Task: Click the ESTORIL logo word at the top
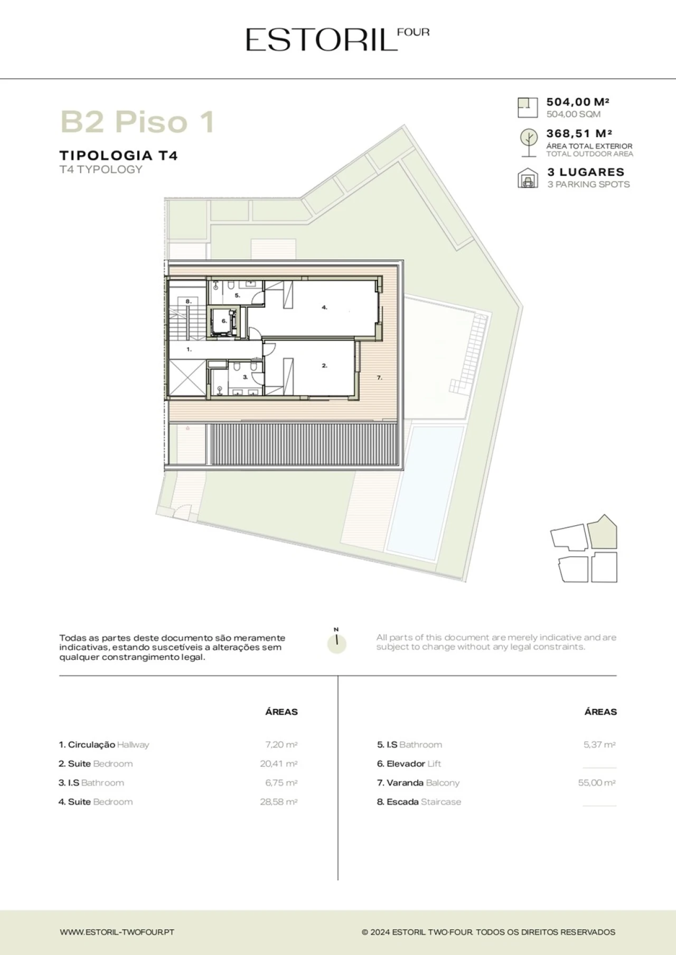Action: (x=321, y=40)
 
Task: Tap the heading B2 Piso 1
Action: (x=138, y=121)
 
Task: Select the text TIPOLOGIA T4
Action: (x=118, y=155)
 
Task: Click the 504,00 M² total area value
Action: (x=578, y=102)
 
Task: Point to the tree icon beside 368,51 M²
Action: (x=528, y=143)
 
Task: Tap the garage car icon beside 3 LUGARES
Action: (x=528, y=178)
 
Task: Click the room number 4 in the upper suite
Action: (x=324, y=307)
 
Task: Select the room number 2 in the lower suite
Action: (x=324, y=365)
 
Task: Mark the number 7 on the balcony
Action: (x=379, y=377)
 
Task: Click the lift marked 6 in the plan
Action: (x=223, y=322)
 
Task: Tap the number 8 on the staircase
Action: (x=187, y=301)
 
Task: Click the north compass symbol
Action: (x=336, y=642)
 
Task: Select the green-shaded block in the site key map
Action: (x=603, y=532)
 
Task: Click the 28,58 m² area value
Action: (x=279, y=801)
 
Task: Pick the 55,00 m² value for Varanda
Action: (x=597, y=782)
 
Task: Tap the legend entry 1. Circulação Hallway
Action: (x=104, y=744)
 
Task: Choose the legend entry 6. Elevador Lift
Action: (x=409, y=763)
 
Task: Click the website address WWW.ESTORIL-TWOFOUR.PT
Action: (x=117, y=932)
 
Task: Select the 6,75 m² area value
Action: (x=281, y=782)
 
